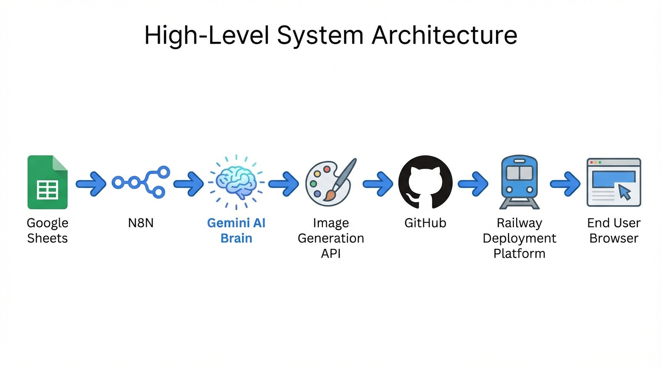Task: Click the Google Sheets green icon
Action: [x=47, y=183]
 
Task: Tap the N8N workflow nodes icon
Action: [x=141, y=183]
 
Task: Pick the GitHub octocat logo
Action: [x=425, y=183]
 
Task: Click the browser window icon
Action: [x=613, y=183]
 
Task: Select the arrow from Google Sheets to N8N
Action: [x=91, y=183]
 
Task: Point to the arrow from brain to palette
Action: [x=283, y=183]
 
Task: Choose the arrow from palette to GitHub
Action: [x=378, y=183]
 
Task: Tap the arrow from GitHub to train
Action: [x=473, y=183]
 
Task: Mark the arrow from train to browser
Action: [x=565, y=183]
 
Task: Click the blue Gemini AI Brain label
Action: [x=236, y=231]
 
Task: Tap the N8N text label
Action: [x=141, y=223]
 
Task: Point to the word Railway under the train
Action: [x=519, y=223]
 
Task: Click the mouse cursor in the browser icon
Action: [x=624, y=192]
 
